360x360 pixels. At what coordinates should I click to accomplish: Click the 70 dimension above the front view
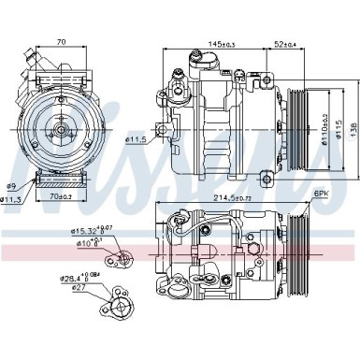60,42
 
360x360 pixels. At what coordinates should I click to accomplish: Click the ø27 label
70,289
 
